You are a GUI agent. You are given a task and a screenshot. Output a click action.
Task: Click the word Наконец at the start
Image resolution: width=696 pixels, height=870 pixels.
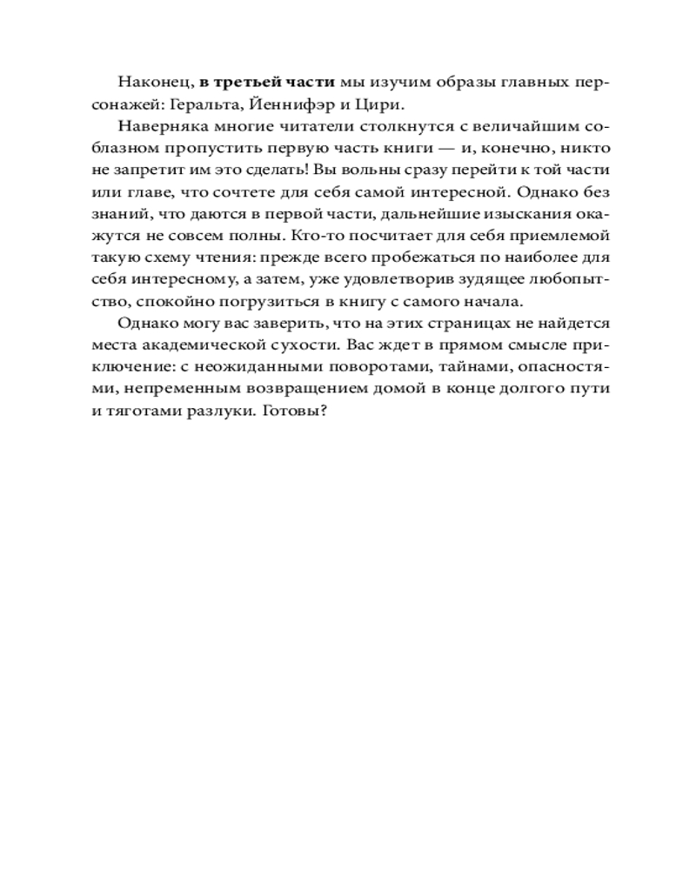[x=152, y=83]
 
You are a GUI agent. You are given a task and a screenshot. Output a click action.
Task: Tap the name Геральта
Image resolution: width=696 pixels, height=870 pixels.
[x=209, y=104]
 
